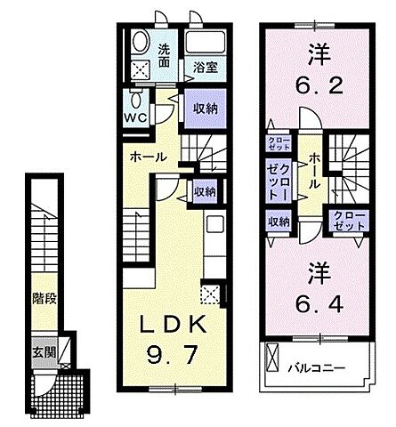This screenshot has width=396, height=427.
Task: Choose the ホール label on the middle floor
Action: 147,157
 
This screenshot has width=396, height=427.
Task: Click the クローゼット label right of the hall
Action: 348,222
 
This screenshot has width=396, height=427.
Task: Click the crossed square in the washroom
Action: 141,68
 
